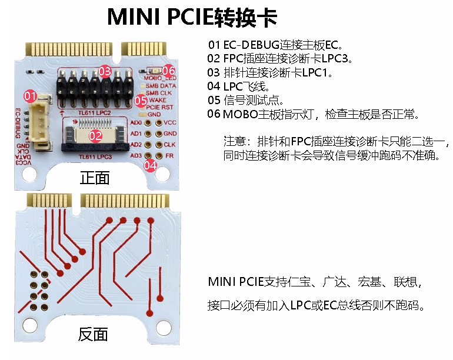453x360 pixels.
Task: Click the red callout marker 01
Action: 30,95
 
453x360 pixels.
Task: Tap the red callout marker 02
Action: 95,135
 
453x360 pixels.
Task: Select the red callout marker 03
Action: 105,72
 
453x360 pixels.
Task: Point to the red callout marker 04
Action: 150,165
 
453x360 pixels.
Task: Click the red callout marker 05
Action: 140,101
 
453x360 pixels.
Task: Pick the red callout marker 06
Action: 169,70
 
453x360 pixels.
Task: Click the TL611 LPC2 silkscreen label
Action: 98,111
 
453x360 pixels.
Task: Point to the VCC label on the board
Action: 170,122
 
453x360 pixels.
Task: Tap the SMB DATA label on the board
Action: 161,86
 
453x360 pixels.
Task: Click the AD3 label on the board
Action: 136,155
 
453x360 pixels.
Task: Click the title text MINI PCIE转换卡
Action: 192,18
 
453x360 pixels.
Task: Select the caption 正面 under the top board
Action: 94,178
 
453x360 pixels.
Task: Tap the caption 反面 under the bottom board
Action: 93,335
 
